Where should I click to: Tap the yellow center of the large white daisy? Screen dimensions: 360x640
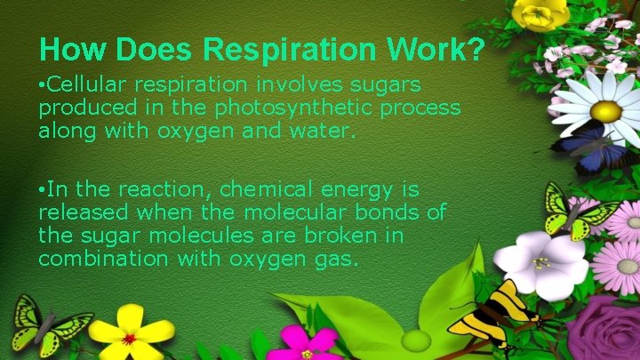[606, 111]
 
